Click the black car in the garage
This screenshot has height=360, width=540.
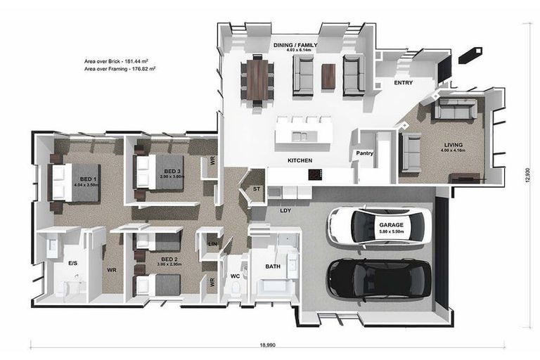[380, 278]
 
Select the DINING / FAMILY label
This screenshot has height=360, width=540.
[295, 45]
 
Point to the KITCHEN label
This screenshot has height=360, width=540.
[300, 161]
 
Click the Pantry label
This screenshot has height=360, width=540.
[364, 153]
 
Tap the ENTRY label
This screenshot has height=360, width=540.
[403, 82]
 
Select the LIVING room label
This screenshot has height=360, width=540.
[454, 146]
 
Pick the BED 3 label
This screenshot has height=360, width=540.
[173, 171]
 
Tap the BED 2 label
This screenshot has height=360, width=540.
[169, 259]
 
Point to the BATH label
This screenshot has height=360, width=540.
[273, 266]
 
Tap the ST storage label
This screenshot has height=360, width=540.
[256, 188]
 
